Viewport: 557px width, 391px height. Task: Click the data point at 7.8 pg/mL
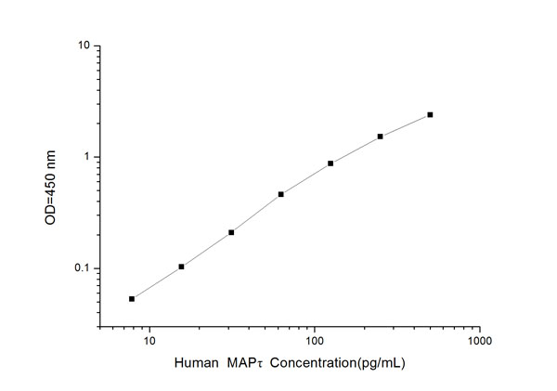tap(132, 299)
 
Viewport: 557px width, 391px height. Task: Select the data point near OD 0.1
tap(181, 267)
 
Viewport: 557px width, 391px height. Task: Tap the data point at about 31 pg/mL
tap(231, 232)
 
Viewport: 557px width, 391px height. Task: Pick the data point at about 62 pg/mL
tap(280, 194)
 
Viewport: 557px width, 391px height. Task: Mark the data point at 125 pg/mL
tap(330, 163)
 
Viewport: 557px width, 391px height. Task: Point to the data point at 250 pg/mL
tap(381, 137)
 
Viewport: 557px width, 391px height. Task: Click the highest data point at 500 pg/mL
tap(430, 115)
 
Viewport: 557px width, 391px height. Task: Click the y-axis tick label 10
tap(83, 46)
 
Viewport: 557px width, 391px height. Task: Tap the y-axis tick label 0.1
tap(81, 268)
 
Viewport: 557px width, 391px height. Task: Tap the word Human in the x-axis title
tap(195, 367)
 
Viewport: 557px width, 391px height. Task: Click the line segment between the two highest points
tap(406, 125)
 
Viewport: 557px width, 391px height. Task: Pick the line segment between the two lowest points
tap(157, 283)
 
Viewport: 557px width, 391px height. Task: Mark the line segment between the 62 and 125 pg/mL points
tap(305, 178)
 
